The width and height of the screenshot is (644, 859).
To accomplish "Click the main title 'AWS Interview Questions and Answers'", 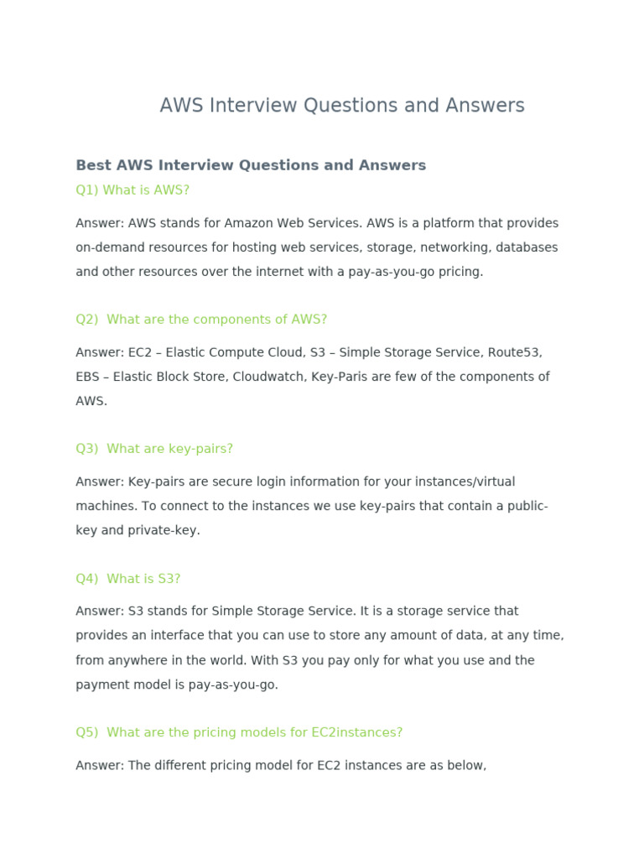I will pyautogui.click(x=342, y=106).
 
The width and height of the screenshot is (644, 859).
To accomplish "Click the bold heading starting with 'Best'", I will pyautogui.click(x=251, y=165).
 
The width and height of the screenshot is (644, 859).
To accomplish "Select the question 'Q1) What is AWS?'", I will pyautogui.click(x=132, y=190).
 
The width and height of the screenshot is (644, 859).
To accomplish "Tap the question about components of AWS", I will pyautogui.click(x=201, y=320).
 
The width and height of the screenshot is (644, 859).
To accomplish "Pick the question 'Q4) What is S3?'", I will pyautogui.click(x=128, y=579).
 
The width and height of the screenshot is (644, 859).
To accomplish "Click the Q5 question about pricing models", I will pyautogui.click(x=239, y=732).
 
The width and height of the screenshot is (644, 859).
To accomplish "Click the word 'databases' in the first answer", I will pyautogui.click(x=527, y=247).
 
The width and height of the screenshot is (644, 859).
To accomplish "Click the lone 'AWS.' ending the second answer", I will pyautogui.click(x=91, y=401).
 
